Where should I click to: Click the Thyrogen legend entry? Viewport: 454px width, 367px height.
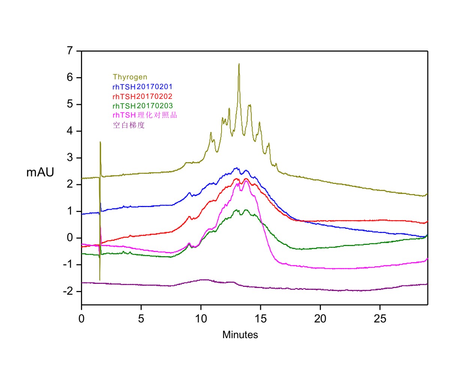(130, 77)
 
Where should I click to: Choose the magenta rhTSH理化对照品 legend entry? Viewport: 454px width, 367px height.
(145, 115)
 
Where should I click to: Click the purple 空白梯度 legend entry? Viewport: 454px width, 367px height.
(129, 125)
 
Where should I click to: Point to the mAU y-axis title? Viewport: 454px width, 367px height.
(40, 173)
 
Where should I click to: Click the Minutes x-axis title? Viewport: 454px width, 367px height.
(240, 335)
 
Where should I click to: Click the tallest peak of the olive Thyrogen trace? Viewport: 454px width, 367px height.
(239, 64)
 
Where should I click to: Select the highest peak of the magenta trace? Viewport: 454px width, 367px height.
(246, 181)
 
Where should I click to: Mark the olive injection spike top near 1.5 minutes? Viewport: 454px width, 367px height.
(100, 142)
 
